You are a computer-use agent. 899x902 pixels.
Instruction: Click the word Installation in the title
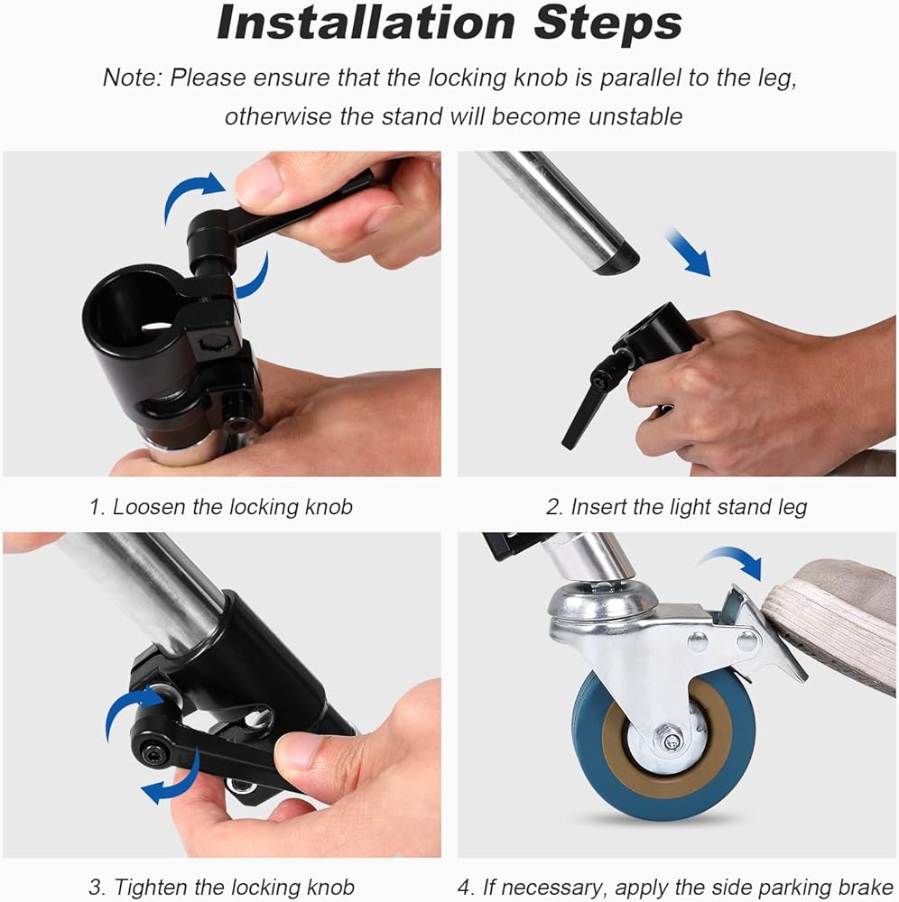click(366, 23)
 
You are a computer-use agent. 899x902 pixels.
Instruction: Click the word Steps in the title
click(607, 23)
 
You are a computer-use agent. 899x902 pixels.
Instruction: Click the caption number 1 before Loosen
click(96, 507)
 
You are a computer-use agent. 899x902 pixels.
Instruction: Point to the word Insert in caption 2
click(598, 507)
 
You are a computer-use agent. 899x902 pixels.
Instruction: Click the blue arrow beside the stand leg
click(688, 252)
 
